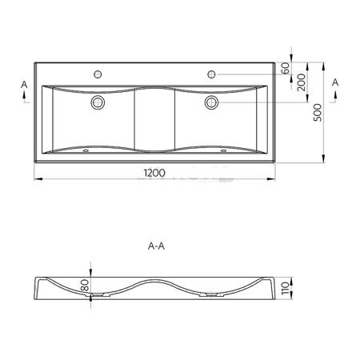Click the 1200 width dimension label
pyautogui.click(x=154, y=173)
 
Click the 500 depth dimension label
pyautogui.click(x=318, y=113)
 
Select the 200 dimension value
pyautogui.click(x=302, y=82)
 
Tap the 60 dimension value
pyautogui.click(x=286, y=68)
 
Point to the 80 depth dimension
pyautogui.click(x=85, y=285)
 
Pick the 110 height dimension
pyautogui.click(x=285, y=288)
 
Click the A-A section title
pyautogui.click(x=156, y=246)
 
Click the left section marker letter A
pyautogui.click(x=24, y=85)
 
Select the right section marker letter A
pyautogui.click(x=335, y=82)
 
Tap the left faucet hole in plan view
pyautogui.click(x=98, y=74)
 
